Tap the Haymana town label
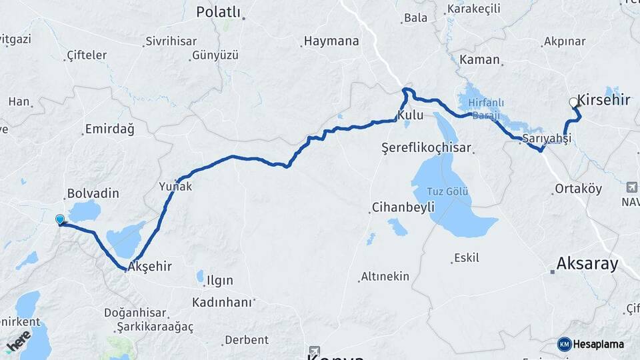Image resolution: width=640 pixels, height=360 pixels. [x=331, y=41]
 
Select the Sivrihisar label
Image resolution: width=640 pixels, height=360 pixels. [x=172, y=41]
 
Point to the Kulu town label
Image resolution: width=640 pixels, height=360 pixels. [x=411, y=115]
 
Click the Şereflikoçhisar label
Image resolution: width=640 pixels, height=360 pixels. [x=426, y=147]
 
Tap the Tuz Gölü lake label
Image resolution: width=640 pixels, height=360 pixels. [x=447, y=192]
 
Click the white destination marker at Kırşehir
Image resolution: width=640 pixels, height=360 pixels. [x=574, y=103]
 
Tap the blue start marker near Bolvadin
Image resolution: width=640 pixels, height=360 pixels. [x=60, y=219]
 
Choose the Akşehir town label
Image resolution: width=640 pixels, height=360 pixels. [x=150, y=267]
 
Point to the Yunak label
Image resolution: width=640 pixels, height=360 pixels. [x=175, y=187]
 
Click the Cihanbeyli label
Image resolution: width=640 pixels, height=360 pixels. [x=403, y=207]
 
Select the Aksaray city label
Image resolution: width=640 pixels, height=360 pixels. [x=587, y=263]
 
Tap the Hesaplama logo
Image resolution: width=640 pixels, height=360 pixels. [x=591, y=344]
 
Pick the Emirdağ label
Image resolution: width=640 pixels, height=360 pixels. [x=109, y=129]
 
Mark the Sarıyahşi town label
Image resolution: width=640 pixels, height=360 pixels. [x=547, y=138]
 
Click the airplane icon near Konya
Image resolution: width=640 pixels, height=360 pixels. [x=314, y=351]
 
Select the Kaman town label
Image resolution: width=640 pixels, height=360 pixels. [x=479, y=60]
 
